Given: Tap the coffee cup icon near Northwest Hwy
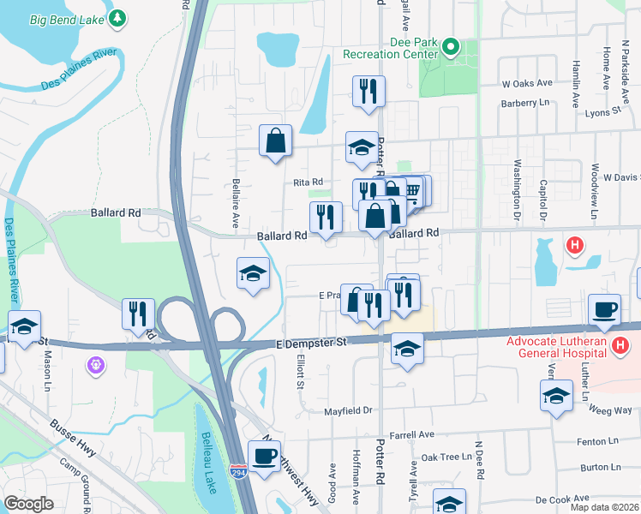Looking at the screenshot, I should click(264, 455).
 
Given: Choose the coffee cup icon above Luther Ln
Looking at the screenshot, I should click(605, 309).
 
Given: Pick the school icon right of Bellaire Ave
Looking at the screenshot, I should click(253, 273).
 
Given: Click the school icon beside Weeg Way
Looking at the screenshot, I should click(557, 396).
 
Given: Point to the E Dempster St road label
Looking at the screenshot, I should click(310, 342).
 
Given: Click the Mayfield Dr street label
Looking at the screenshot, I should click(349, 410).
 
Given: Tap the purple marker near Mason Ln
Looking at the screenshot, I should click(94, 366).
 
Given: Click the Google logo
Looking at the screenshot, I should click(28, 503).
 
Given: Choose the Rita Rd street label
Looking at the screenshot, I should click(308, 182).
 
